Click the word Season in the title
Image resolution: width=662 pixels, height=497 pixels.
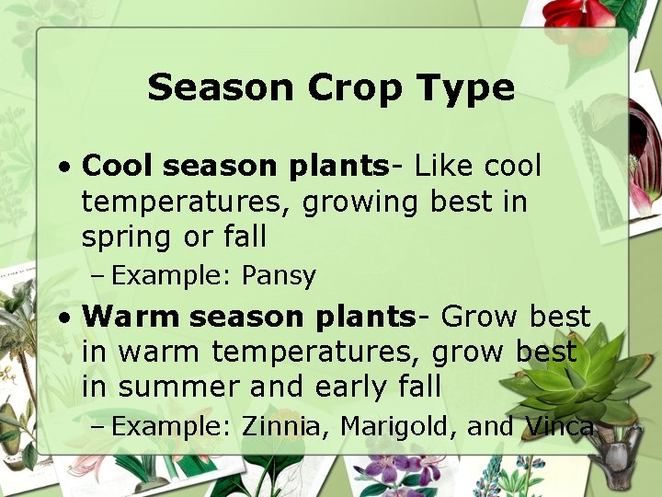[x=222, y=88]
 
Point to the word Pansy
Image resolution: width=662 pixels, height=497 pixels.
[x=279, y=275]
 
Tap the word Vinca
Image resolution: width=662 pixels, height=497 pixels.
[x=559, y=427]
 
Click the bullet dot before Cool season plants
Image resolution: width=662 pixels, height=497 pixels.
[x=63, y=168]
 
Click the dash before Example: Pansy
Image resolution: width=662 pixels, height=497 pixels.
[x=98, y=275]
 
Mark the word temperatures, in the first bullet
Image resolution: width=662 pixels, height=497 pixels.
[x=187, y=202]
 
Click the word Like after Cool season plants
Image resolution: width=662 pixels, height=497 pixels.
[x=445, y=167]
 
